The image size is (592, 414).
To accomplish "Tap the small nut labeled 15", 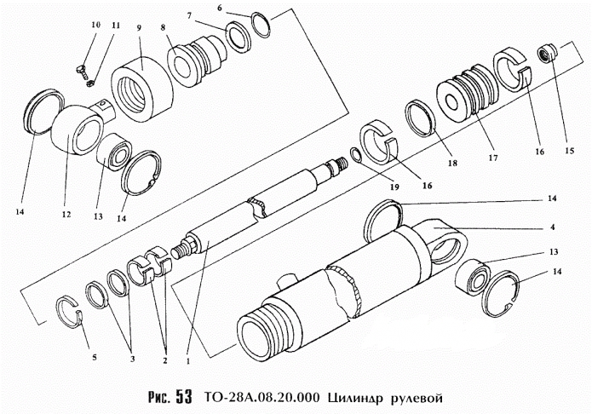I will click(546, 55).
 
